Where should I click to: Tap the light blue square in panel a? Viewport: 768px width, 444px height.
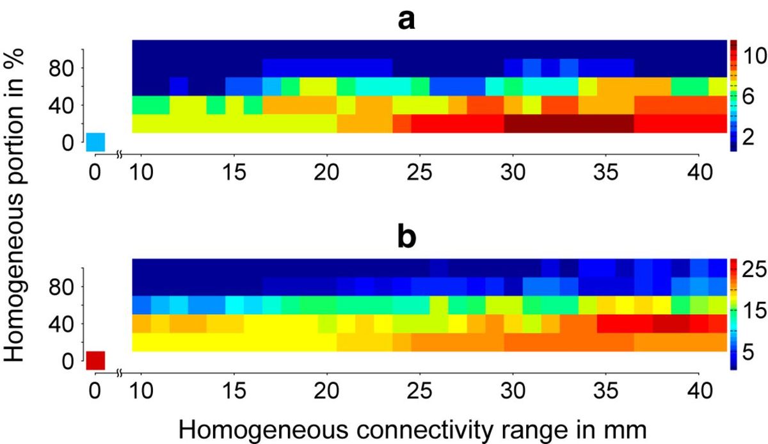click(x=95, y=141)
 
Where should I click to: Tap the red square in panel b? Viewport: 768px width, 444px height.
click(x=95, y=360)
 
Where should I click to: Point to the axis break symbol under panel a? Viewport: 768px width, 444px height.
click(x=119, y=155)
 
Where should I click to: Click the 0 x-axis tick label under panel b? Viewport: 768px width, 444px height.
click(x=95, y=393)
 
